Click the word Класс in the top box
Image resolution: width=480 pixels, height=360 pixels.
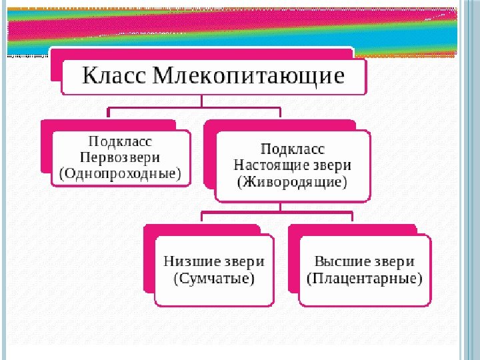(x=113, y=76)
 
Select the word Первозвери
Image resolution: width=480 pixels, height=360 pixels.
(x=120, y=158)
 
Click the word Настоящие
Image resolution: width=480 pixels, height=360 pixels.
(x=268, y=165)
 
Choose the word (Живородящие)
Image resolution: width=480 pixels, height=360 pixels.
(x=292, y=181)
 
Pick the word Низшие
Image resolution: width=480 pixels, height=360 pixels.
(x=188, y=262)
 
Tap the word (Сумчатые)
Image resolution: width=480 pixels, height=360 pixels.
(x=214, y=279)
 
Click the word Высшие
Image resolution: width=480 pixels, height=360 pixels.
(x=341, y=262)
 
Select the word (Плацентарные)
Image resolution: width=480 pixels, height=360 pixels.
(x=365, y=279)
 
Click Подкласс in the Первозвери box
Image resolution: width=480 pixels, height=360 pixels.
(x=121, y=142)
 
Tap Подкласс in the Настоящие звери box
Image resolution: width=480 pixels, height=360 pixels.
(x=292, y=148)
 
